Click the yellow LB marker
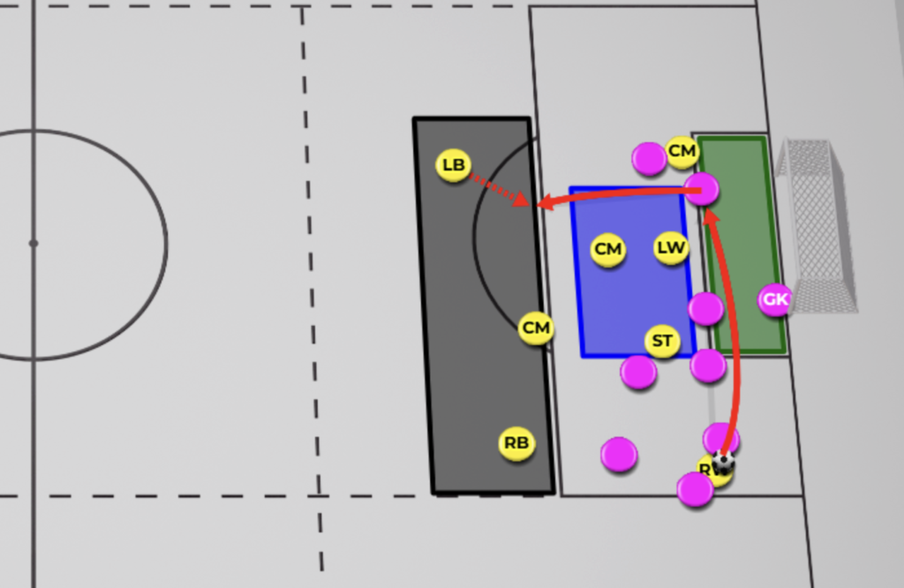[x=453, y=165]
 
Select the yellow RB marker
[x=516, y=443]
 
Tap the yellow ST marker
[x=662, y=341]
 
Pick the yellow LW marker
[x=671, y=248]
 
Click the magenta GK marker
[x=775, y=299]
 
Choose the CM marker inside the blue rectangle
[x=607, y=250]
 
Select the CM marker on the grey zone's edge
[x=536, y=328]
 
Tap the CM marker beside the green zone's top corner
[x=682, y=152]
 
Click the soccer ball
[x=724, y=462]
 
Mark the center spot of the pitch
[x=33, y=243]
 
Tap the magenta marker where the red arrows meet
[x=702, y=188]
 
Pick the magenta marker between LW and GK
[x=706, y=308]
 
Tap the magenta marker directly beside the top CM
[x=649, y=159]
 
